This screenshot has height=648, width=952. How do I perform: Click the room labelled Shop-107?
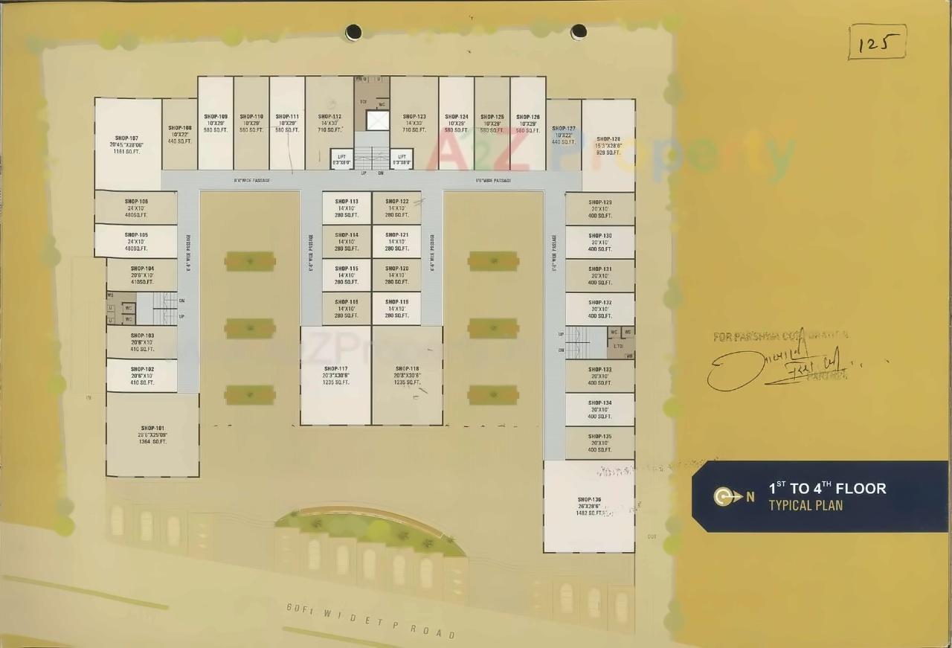tap(128, 144)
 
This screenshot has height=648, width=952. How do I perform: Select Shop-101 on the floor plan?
tap(152, 434)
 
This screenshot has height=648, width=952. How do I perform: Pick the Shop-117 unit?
tap(335, 375)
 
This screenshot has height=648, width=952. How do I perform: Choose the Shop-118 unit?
tap(407, 375)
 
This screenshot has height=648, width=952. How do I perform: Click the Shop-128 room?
tap(608, 145)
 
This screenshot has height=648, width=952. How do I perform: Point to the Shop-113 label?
tap(347, 202)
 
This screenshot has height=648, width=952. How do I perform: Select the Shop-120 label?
tap(397, 269)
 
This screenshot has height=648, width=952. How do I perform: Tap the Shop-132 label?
tap(599, 303)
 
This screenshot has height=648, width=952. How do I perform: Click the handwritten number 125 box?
tap(877, 42)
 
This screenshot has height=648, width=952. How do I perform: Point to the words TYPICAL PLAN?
tap(805, 506)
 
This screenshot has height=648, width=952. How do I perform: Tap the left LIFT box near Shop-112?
tap(341, 159)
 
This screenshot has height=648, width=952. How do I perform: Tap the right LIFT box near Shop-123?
tap(402, 159)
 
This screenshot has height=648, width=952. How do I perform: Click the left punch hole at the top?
tap(353, 32)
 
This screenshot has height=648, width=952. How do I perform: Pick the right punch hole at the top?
tap(579, 32)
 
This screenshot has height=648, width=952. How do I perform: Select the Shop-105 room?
tap(136, 241)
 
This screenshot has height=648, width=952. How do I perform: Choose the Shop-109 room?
tap(216, 123)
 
